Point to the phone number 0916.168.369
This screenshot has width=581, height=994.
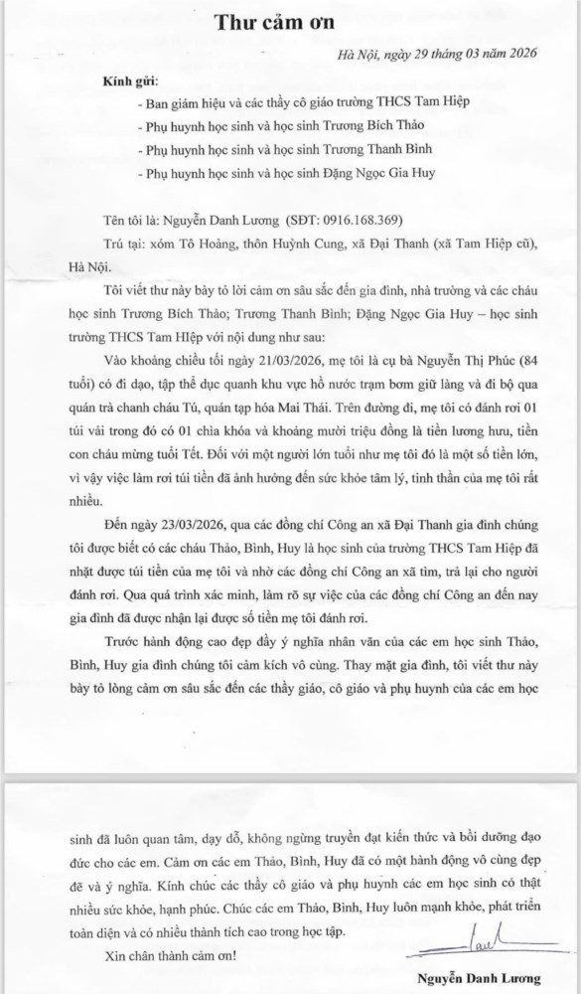click(363, 219)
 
